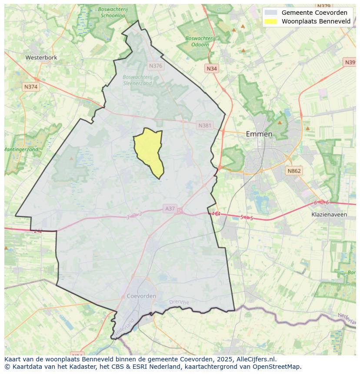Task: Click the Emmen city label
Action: coord(259,134)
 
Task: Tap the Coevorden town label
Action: coord(141,296)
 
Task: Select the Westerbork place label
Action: coord(41,57)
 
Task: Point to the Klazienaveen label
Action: coord(329,215)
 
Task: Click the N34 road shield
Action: coord(212,69)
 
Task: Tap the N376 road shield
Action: coord(155,66)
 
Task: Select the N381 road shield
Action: coord(205,126)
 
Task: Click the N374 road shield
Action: coord(31,87)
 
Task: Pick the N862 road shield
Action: coord(294,171)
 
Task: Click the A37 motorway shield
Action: coord(170,209)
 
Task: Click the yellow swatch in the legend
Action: coord(270,21)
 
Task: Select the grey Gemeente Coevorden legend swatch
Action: coord(270,13)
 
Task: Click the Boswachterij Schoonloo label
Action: coord(112,12)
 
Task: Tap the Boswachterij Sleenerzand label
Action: coord(137,80)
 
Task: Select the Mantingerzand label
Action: coord(21,149)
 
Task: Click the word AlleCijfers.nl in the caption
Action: coord(256,359)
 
